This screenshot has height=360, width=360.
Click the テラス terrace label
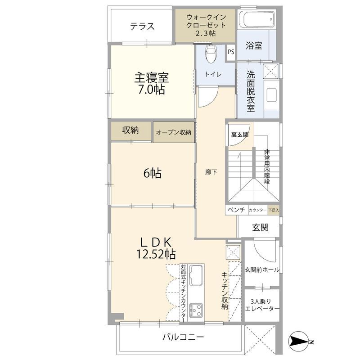point(142,26)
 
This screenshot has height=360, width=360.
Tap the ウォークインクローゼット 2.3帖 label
point(205,25)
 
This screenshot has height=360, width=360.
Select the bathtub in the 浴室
point(255,20)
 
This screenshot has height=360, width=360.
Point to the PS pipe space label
point(231,51)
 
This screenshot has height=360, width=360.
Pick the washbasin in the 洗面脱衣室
point(272,95)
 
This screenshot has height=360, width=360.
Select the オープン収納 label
point(174,132)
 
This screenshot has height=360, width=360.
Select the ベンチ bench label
point(235,210)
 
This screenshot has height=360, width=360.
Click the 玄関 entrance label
point(261,228)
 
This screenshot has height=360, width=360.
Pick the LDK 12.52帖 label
point(156,247)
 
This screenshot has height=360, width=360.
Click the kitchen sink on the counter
point(196,274)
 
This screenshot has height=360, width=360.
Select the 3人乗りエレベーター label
point(262,304)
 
